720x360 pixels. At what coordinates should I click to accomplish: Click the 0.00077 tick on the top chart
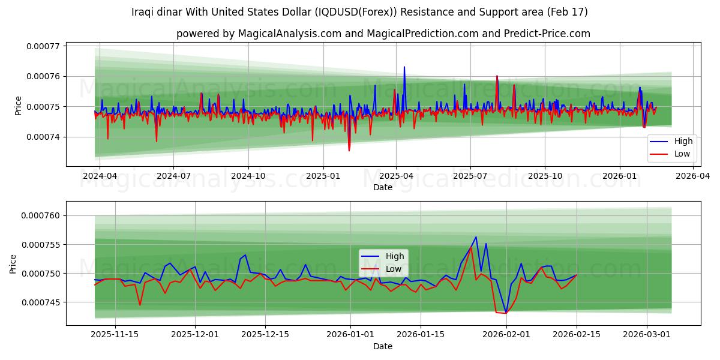click(44, 46)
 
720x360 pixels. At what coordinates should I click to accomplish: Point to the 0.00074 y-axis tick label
click(44, 137)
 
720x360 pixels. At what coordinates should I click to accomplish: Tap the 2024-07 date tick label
click(173, 176)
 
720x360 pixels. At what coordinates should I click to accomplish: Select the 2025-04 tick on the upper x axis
click(396, 176)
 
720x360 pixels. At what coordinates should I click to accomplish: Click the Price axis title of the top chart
click(18, 106)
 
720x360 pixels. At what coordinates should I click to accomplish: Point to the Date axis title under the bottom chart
click(383, 346)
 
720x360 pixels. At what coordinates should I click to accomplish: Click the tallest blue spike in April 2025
click(404, 67)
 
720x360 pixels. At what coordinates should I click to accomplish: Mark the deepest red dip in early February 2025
click(349, 150)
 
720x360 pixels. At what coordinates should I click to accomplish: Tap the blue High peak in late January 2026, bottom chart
click(476, 236)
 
